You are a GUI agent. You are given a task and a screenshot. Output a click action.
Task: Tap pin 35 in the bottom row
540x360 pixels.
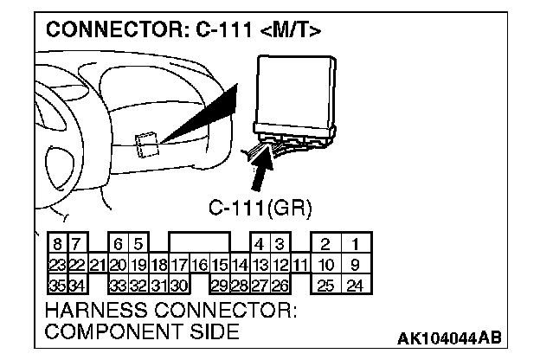(x=56, y=285)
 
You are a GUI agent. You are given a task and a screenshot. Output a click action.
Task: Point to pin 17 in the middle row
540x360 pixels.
(x=179, y=264)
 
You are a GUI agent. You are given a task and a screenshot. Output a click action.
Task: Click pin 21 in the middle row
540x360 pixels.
(x=97, y=264)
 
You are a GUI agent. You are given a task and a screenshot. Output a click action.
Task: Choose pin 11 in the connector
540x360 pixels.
(x=300, y=264)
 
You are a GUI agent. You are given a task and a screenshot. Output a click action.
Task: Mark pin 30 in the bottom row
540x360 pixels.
(x=179, y=285)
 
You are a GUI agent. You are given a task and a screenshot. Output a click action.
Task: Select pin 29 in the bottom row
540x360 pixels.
(x=220, y=285)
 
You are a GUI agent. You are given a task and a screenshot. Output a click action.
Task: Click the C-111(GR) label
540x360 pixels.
(x=260, y=208)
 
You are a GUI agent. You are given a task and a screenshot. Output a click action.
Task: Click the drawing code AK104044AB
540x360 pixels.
(x=449, y=337)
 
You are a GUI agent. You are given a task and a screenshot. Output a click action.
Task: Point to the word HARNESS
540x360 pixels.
(x=92, y=309)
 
